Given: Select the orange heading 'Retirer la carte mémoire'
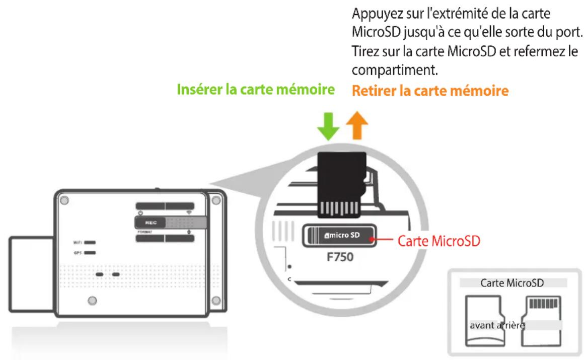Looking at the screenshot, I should pyautogui.click(x=429, y=91).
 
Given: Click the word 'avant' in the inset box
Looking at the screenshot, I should pyautogui.click(x=481, y=325).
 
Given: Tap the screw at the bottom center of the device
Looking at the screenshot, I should pyautogui.click(x=92, y=301).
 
